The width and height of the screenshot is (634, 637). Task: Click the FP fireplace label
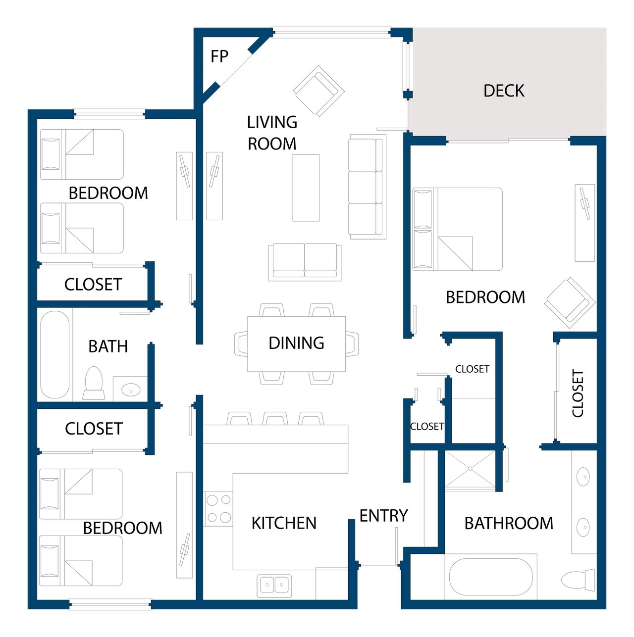[x=219, y=56]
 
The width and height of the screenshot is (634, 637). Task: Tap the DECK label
[x=504, y=91]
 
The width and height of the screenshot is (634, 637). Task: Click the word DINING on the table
[x=296, y=343]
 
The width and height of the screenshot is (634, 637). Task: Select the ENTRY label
[x=383, y=516]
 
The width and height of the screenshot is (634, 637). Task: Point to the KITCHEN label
[x=284, y=523]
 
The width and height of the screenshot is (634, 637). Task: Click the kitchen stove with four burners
[x=218, y=509]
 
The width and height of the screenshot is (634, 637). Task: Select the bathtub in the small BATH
[x=55, y=355]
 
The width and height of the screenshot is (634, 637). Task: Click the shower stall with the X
[x=470, y=469]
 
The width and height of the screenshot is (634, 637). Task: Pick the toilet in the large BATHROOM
[x=578, y=580]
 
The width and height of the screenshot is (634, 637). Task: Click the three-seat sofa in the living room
[x=367, y=187]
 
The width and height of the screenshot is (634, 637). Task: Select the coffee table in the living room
[x=306, y=188]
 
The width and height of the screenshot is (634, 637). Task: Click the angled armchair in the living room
[x=319, y=91]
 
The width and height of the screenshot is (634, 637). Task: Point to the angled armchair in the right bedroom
[x=570, y=303]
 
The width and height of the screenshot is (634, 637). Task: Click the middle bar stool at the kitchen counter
[x=275, y=419]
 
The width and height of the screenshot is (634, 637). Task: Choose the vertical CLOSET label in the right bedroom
[x=578, y=393]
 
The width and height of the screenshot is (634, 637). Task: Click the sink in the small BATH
[x=131, y=390]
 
